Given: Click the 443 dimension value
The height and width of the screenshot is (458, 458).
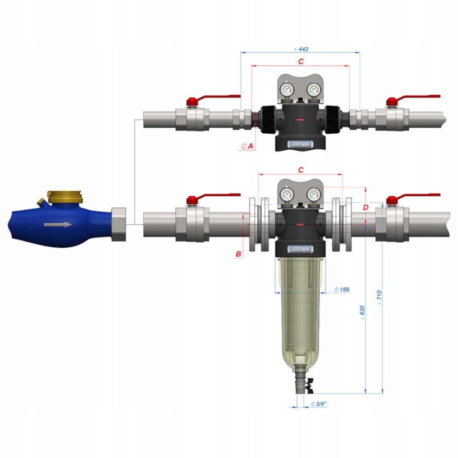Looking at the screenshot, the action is click(301, 49).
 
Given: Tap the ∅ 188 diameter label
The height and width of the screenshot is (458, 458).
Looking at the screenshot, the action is click(342, 289).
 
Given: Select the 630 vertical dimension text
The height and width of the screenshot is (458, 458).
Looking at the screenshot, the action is click(362, 312).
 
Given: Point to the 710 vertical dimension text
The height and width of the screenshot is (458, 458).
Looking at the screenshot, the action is click(379, 297).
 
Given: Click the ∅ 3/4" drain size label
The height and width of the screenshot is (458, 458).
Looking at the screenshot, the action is click(318, 404).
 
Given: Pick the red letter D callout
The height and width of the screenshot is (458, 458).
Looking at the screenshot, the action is click(365, 208).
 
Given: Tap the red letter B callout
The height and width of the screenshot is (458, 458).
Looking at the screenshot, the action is click(238, 254).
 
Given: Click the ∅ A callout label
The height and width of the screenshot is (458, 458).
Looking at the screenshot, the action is click(247, 146).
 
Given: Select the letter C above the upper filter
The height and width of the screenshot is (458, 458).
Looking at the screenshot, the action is click(301, 61).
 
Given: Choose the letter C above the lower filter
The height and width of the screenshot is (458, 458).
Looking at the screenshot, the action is click(301, 170).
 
